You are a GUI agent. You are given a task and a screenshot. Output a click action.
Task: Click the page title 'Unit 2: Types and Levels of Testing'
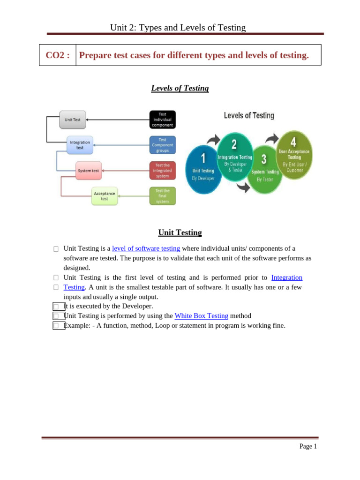point(178,28)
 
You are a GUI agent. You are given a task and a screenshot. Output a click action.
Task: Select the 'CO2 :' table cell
point(58,55)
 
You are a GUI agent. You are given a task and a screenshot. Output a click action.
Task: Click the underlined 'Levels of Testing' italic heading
point(180,88)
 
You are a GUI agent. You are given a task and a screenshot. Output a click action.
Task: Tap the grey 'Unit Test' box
point(73,120)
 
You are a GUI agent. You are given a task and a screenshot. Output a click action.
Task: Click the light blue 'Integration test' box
point(80,145)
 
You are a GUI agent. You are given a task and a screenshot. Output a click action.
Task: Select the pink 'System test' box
point(89,171)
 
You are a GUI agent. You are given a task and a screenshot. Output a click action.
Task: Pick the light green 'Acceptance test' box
point(104,196)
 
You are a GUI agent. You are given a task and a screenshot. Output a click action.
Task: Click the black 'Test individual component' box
point(162,120)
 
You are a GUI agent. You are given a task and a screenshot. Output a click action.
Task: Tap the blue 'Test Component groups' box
point(162,145)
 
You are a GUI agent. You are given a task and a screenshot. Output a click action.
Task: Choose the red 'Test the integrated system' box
point(162,171)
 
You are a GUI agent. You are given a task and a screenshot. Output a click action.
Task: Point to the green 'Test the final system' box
point(162,196)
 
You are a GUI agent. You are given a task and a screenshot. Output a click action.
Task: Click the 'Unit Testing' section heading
point(180,232)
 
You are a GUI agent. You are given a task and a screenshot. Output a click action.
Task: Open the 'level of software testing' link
point(146,248)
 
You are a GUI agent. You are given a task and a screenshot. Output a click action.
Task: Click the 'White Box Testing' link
point(201,316)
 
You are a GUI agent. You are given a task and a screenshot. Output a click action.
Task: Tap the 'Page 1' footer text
point(308,447)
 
